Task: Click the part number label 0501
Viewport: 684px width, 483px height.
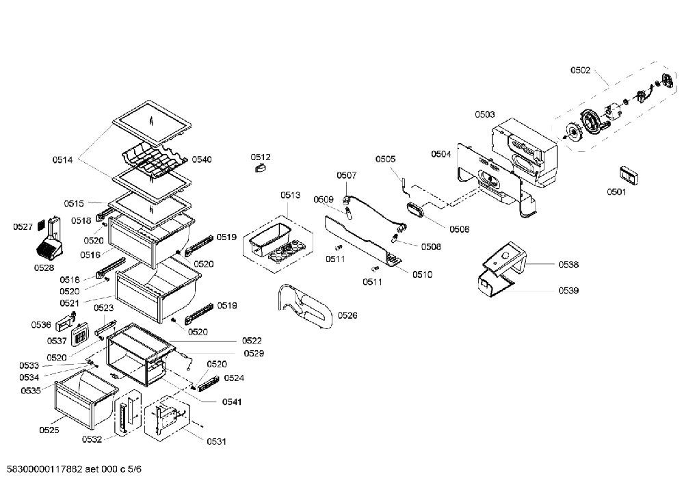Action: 616,192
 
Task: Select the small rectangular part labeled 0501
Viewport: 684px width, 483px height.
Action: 629,175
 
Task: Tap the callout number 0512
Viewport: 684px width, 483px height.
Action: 261,157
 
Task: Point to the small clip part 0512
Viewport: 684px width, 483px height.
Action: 261,168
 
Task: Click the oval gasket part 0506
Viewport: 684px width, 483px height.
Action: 416,209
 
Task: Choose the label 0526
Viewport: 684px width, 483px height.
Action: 347,315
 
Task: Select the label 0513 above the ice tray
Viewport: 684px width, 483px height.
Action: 291,195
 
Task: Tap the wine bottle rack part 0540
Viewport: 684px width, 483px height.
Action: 153,159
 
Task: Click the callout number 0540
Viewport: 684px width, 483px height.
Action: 202,159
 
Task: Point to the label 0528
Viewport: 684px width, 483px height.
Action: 44,268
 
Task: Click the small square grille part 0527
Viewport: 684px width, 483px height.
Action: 42,225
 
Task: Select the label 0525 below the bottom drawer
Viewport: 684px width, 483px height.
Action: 49,430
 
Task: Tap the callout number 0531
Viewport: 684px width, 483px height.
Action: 216,441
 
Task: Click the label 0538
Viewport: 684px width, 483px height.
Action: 568,264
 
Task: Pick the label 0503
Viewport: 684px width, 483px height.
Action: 485,114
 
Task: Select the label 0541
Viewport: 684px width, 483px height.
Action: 232,402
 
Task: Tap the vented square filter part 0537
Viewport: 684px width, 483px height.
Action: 80,335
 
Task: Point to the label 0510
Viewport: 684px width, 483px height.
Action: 422,274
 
